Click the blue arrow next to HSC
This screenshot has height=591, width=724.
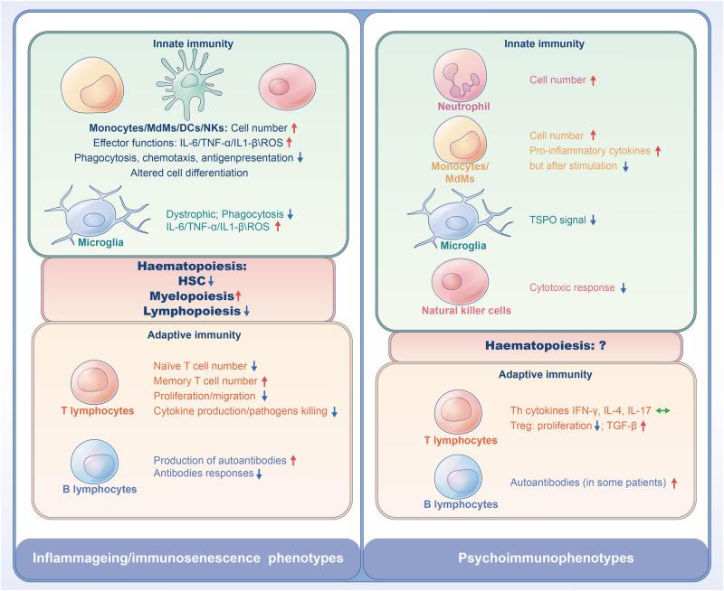[x=211, y=280]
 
